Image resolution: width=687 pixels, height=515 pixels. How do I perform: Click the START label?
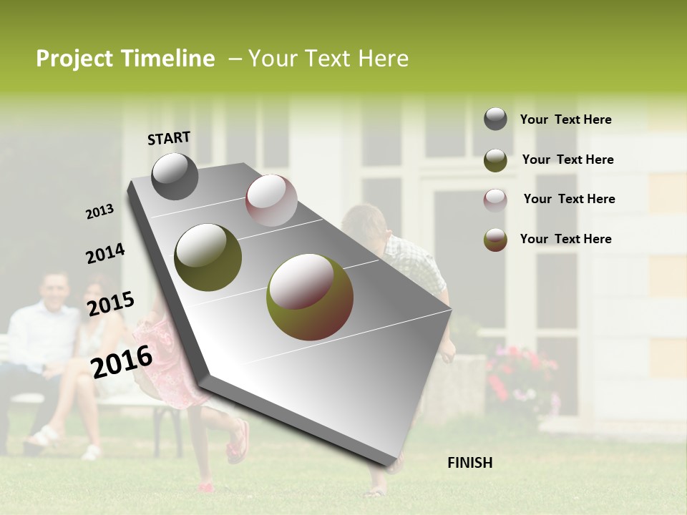click(x=169, y=138)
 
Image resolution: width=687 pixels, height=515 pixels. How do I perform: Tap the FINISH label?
click(x=469, y=463)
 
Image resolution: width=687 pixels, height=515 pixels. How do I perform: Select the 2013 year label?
click(x=100, y=212)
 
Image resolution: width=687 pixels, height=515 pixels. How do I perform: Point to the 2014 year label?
click(x=105, y=254)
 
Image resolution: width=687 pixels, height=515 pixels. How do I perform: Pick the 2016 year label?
click(x=122, y=362)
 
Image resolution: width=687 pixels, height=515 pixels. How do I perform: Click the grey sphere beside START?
click(x=175, y=176)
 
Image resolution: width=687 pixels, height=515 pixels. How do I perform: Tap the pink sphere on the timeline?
click(x=271, y=200)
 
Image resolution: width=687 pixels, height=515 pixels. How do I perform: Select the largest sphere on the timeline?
click(x=309, y=296)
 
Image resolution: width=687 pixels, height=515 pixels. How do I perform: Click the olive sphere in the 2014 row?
click(x=208, y=257)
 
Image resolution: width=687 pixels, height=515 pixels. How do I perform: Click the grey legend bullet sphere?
click(x=495, y=119)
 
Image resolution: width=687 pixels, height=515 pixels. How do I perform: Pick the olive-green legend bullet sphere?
click(x=495, y=160)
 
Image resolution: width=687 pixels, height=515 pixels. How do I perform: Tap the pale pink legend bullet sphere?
click(x=495, y=200)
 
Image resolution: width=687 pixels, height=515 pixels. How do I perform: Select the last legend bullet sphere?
click(x=495, y=240)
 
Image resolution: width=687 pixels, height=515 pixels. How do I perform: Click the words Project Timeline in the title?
click(x=125, y=59)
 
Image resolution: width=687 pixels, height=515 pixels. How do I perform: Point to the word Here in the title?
click(x=382, y=59)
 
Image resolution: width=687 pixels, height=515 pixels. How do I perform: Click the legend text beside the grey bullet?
click(x=565, y=120)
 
